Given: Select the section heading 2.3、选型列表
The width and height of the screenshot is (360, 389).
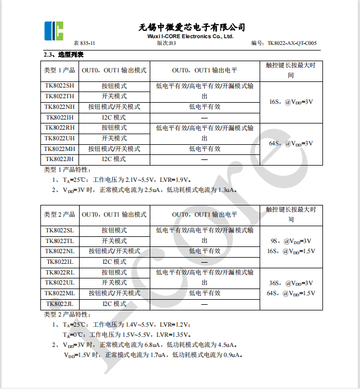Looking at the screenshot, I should pos(64,54).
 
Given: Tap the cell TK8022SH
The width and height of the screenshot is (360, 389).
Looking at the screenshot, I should pos(59,86).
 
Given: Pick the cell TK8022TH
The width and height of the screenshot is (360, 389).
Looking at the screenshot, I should pos(59,96).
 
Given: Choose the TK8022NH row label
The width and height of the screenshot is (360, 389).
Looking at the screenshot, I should pos(59,107).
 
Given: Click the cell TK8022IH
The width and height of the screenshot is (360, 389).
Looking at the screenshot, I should pos(59,117).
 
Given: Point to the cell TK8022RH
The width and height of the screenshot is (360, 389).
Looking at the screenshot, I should pos(59,127).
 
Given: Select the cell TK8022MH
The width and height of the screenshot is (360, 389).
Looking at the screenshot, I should pos(59,149).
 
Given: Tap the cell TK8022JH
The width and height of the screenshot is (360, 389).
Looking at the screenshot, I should pos(59,159).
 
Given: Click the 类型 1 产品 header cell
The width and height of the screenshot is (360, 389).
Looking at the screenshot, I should pos(59,71).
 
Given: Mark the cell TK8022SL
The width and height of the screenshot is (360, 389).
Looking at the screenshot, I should pos(59,230).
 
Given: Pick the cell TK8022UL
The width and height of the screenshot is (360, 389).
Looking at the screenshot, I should pos(59,282).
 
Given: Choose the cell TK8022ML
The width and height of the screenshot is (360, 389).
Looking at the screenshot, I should pos(59,293).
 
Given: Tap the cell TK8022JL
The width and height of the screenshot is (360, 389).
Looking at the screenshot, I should pos(59,304).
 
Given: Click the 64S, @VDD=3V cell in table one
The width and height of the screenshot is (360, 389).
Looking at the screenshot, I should pos(291,144).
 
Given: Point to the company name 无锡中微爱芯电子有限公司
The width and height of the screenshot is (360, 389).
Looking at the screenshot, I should pos(192,27).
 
